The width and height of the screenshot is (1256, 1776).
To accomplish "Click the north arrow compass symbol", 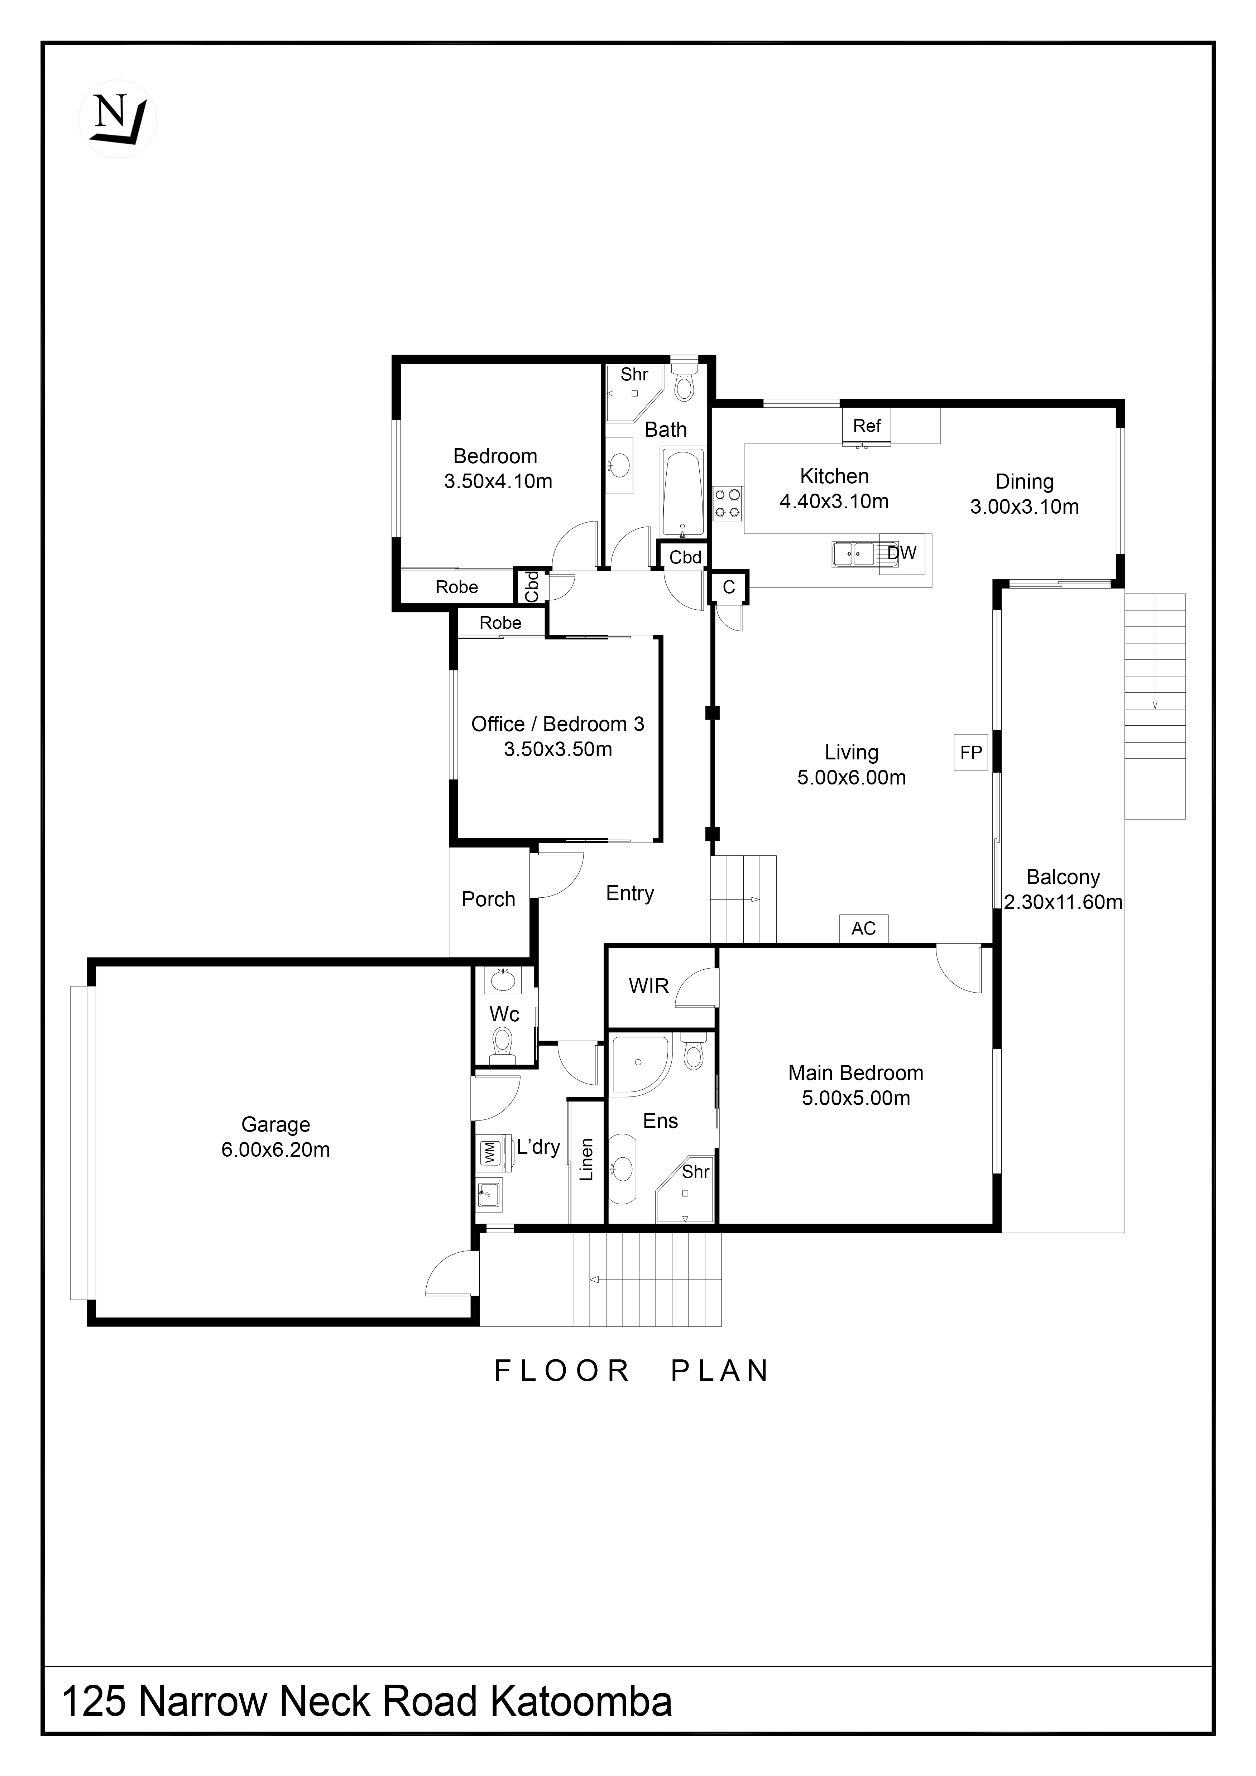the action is click(x=118, y=119).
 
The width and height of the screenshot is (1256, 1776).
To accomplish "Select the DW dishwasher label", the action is click(x=902, y=553).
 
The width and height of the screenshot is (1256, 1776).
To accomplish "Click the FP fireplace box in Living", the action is click(x=972, y=752).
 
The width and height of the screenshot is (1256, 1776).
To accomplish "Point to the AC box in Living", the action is click(x=864, y=928).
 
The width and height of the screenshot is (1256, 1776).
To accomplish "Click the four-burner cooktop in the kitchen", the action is click(x=728, y=503).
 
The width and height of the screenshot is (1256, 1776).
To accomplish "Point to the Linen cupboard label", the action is click(x=586, y=1160).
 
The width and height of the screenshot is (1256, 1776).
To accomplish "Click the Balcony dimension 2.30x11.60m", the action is click(x=1063, y=902).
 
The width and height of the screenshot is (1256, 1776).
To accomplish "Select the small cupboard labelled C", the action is click(x=729, y=588).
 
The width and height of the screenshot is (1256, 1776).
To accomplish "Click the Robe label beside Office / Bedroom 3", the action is click(x=500, y=623).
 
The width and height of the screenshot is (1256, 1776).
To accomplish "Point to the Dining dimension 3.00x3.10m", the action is click(x=1025, y=507).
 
